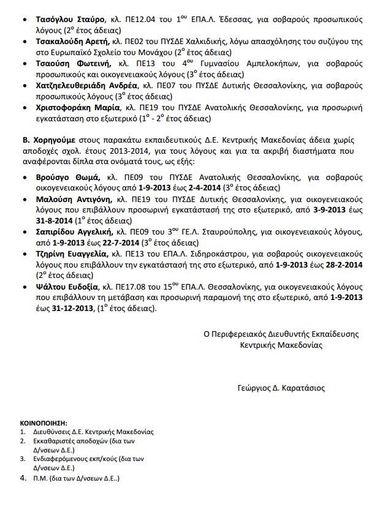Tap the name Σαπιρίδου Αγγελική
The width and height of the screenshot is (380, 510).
click(x=74, y=233)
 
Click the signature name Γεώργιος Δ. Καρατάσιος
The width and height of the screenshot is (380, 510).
click(x=281, y=388)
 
